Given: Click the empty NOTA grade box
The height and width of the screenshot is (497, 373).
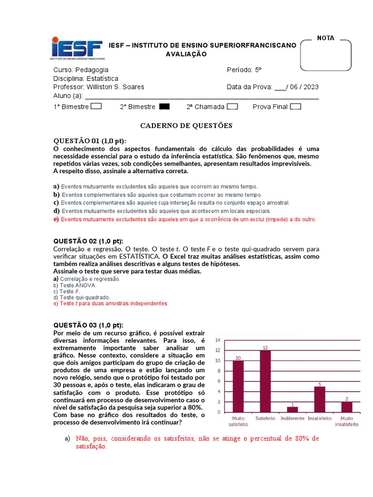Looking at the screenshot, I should point(325,55).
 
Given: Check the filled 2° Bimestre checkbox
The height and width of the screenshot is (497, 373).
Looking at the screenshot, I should point(165,107).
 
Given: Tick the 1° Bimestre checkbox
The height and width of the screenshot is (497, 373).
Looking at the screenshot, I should point(96,107).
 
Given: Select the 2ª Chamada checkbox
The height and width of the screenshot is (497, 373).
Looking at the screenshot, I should point(232,107).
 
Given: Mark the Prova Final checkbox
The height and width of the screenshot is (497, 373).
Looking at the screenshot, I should point(295,107).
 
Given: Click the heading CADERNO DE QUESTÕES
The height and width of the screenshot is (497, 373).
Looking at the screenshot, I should point(186,126).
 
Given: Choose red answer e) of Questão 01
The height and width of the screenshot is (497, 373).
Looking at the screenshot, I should point(185,219).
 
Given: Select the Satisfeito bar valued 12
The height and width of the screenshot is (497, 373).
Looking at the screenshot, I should point(265,381).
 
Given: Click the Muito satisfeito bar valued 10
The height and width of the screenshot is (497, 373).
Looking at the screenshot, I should point(238,386).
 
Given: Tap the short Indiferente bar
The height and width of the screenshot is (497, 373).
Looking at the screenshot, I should point(292,409).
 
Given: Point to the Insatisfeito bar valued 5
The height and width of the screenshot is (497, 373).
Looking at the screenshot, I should point(319,399).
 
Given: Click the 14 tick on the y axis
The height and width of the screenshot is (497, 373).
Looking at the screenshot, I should point(218,340).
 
